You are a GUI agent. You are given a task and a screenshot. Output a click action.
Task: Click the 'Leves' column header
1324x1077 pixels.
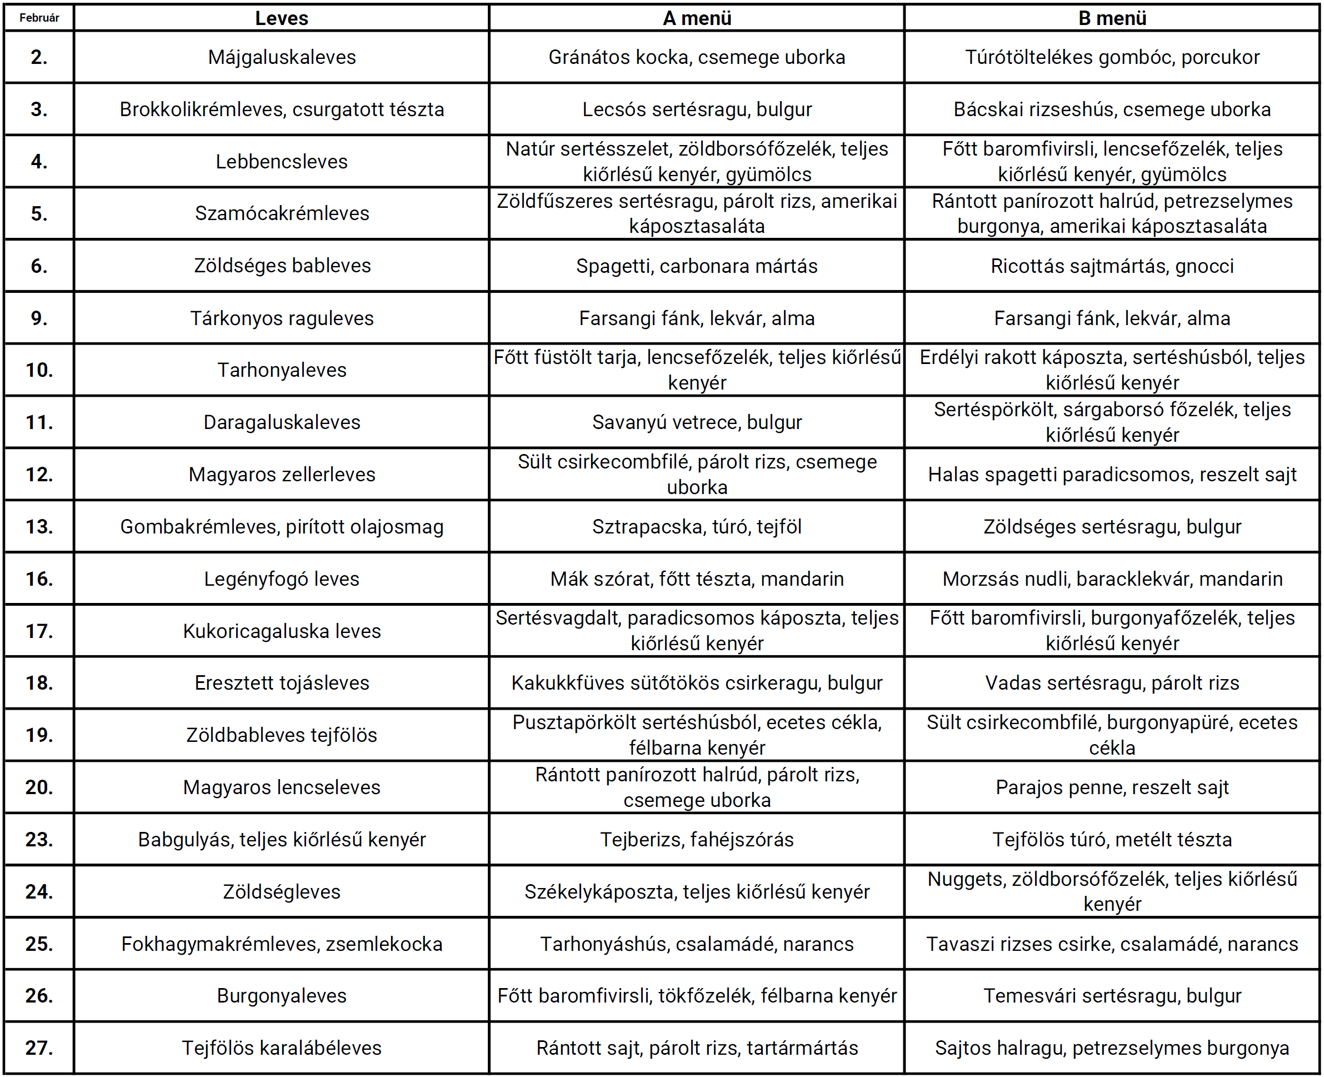coord(282,18)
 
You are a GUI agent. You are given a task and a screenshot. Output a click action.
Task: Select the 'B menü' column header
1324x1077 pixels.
coord(1112,18)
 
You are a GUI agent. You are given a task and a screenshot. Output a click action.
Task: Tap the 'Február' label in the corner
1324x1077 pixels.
coord(39,18)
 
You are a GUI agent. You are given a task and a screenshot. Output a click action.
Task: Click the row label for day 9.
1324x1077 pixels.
coord(39,318)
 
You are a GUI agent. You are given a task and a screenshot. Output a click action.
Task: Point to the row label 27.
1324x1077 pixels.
coord(39,1048)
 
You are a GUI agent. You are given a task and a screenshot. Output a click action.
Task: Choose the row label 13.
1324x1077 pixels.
coord(39,527)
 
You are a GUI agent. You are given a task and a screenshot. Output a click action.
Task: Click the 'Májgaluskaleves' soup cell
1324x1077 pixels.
coord(282,57)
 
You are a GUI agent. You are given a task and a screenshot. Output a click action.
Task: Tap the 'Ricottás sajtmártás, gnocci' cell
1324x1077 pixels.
coord(1112,266)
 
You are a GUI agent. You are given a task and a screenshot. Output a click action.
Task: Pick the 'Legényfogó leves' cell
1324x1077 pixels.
coord(282,579)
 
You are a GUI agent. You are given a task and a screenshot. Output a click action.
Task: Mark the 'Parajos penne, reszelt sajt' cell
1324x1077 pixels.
coord(1112,787)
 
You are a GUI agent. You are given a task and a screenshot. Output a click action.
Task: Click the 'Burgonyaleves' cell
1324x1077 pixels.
coord(282,996)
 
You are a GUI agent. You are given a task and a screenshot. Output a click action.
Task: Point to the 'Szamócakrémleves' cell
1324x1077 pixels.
coord(282,213)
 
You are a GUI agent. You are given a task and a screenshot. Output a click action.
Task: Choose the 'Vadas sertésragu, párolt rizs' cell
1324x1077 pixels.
coord(1112,683)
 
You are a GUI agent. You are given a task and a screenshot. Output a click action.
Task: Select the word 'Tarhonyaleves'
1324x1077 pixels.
coord(282,370)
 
